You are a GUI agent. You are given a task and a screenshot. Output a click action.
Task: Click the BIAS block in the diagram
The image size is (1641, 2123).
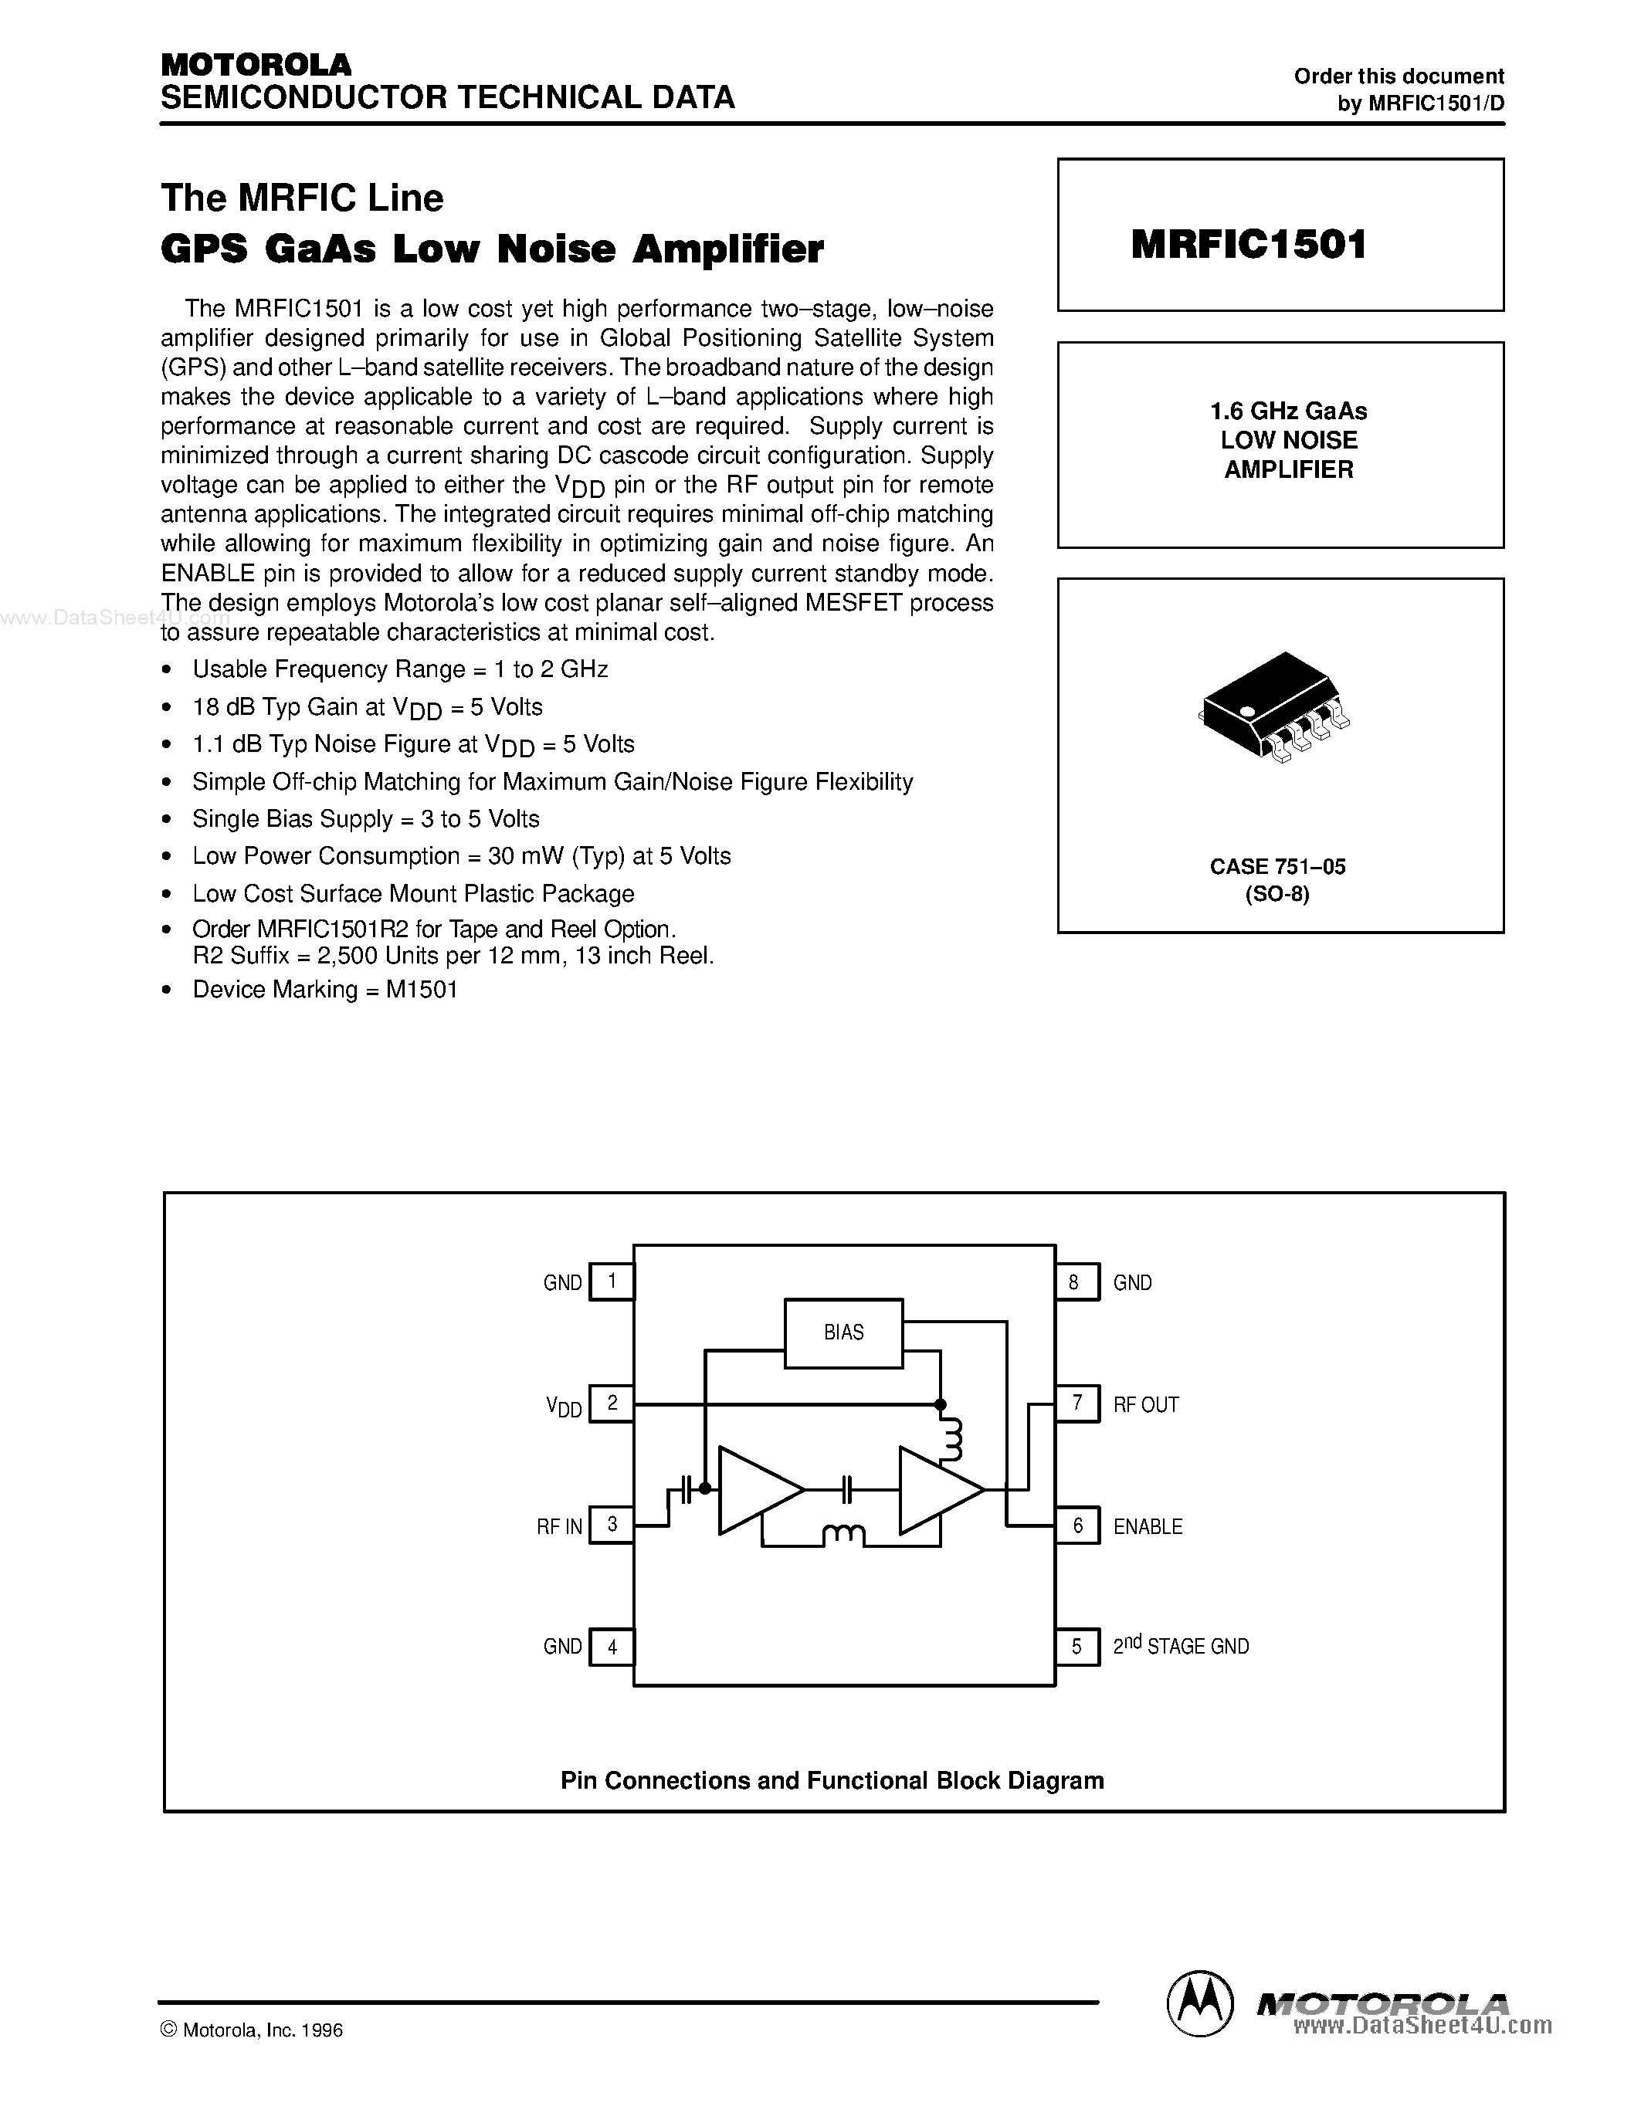843,1332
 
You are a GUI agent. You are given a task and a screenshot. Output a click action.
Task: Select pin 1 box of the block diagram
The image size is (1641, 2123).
612,1282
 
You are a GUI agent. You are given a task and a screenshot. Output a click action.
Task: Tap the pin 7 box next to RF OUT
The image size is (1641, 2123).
1077,1403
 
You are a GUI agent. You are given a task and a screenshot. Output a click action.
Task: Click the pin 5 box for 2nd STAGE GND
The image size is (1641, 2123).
1077,1647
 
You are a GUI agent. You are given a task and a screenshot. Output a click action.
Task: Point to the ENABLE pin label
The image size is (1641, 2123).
1147,1526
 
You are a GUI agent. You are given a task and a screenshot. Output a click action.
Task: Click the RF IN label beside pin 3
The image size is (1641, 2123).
559,1526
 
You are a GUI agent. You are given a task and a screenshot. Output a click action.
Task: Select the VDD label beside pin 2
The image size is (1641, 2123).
564,1406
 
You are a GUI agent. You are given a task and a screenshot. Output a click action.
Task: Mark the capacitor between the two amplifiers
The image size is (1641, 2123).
846,1488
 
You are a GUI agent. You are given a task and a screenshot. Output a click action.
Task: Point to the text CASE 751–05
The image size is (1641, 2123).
1277,866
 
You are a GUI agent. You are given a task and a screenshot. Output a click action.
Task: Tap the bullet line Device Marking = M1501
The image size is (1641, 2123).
324,990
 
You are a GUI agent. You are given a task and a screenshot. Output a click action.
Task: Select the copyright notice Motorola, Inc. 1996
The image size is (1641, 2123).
252,2030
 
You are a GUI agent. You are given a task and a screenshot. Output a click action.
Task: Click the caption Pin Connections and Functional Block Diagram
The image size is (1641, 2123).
832,1780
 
